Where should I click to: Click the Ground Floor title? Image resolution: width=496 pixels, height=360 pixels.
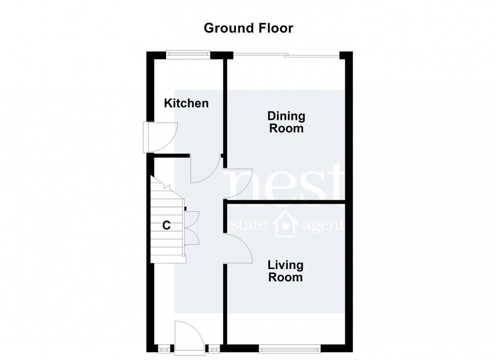[x=248, y=28]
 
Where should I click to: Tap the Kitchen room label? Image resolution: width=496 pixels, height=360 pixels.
[x=186, y=104]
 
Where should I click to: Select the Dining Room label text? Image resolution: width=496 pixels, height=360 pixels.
[x=286, y=122]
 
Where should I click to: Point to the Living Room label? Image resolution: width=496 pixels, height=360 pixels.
[x=285, y=271]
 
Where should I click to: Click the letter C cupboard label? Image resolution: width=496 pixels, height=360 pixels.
[x=166, y=226]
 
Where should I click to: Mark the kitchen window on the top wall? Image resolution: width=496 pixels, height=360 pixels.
[x=188, y=52]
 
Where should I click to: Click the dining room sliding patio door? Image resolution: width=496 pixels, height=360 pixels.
[x=286, y=54]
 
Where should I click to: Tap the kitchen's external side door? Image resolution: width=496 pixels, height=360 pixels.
[x=158, y=137]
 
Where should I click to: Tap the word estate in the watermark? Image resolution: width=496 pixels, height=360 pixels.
[x=248, y=226]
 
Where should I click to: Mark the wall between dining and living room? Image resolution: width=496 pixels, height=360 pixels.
[x=286, y=202]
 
